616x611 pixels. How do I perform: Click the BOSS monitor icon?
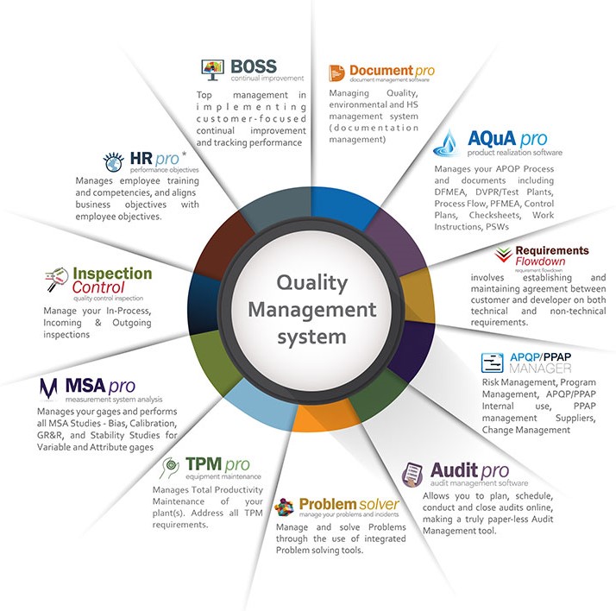[x=212, y=66]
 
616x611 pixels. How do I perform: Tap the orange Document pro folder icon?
[x=336, y=72]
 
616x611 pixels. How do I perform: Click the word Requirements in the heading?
[x=551, y=250]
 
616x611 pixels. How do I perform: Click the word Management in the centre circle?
[x=315, y=308]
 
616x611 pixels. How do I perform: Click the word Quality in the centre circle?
[x=311, y=281]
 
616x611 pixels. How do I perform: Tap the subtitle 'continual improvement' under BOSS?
[x=267, y=79]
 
